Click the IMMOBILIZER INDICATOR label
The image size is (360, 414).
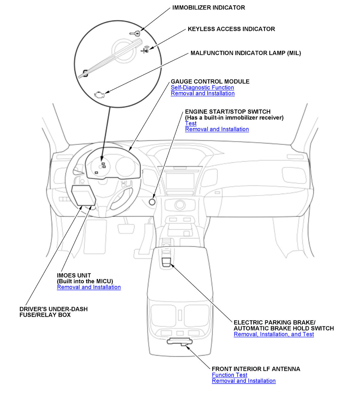point(208,8)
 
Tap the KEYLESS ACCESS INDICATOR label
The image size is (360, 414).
point(231,29)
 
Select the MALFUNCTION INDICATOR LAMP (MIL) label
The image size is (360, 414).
point(246,53)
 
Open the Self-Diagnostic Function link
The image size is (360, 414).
point(202,88)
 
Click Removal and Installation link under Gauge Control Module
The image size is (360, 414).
point(202,94)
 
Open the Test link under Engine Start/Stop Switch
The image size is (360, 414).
point(191,124)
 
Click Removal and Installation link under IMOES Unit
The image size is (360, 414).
point(89,287)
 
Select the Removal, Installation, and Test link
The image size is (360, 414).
point(274,334)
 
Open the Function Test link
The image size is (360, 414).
point(229,375)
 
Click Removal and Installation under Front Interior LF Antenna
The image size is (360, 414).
point(244,381)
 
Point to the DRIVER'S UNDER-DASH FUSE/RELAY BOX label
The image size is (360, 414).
point(53,312)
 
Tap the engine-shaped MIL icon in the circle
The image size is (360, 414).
point(99,94)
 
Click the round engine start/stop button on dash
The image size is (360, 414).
point(152,202)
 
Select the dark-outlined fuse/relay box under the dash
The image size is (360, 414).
point(83,195)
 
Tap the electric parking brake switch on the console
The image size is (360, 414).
point(166,262)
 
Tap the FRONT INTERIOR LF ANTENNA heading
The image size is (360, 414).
point(256,369)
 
